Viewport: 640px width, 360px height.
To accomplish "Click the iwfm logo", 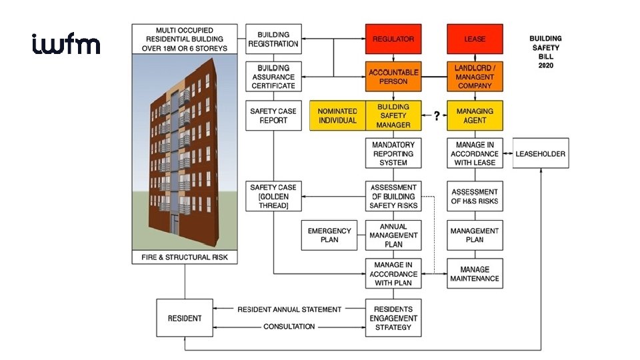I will click(66, 45).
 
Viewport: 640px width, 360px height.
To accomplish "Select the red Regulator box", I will click(393, 39).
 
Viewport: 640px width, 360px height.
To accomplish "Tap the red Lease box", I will click(474, 39).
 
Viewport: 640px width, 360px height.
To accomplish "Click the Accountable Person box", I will click(393, 77).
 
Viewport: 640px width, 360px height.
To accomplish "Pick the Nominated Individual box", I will click(337, 115).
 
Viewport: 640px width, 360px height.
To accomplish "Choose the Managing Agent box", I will click(474, 115).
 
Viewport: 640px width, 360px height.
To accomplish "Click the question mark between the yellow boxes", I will click(436, 116).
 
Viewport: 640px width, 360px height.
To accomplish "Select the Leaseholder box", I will click(540, 154).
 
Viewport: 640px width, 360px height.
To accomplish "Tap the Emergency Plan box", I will click(329, 235).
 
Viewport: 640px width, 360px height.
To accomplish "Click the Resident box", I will click(183, 318).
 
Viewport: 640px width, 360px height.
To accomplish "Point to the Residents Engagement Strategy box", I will click(393, 318).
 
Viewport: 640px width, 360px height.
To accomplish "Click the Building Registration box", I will click(273, 39).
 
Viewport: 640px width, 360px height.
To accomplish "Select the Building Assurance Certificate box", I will click(273, 77).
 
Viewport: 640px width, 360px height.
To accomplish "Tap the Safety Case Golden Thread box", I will click(273, 197).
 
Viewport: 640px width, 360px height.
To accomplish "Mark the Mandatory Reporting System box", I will click(393, 154).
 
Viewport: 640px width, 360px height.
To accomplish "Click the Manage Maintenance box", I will click(474, 274).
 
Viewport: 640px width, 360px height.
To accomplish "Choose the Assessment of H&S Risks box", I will click(474, 197).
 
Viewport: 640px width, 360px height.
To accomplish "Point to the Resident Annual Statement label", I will click(289, 309).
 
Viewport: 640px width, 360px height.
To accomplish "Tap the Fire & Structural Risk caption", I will click(185, 257).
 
